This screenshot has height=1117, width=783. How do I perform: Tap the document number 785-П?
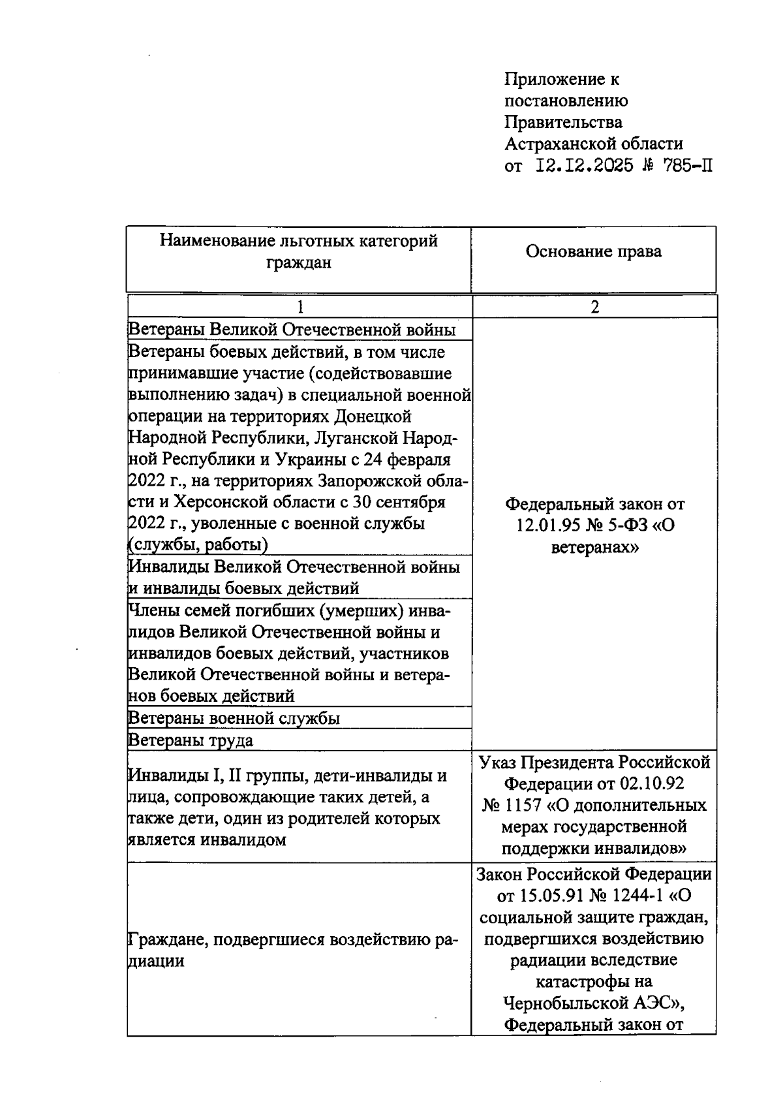(x=687, y=165)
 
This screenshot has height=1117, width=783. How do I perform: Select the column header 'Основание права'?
(x=593, y=251)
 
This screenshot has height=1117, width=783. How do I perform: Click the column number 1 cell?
(x=299, y=307)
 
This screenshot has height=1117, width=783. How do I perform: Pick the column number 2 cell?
(x=594, y=307)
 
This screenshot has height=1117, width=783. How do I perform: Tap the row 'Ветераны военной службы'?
(x=234, y=718)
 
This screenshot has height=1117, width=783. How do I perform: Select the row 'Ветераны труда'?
(x=191, y=740)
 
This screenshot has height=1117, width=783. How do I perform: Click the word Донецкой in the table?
(x=373, y=417)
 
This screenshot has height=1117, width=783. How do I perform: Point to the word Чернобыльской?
(x=568, y=1003)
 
